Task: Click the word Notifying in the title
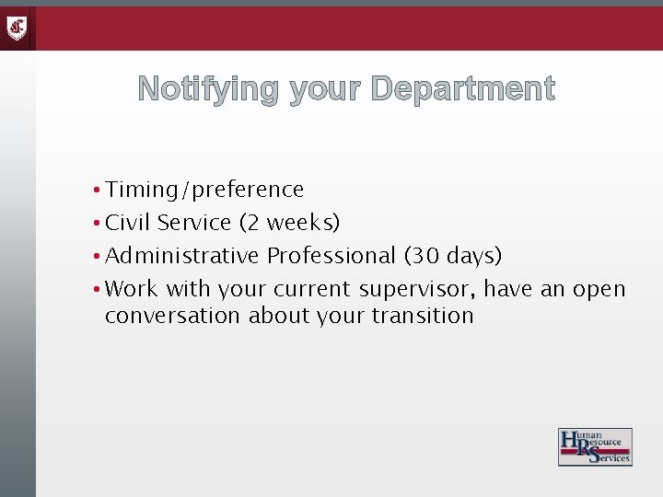click(x=208, y=89)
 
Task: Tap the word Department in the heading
click(x=463, y=89)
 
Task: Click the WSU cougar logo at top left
click(x=17, y=29)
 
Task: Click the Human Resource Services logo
click(x=595, y=446)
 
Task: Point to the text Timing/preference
click(x=204, y=190)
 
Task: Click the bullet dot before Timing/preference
click(x=96, y=191)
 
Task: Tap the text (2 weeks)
click(x=289, y=223)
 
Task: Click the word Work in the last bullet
click(x=132, y=288)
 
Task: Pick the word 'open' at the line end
click(x=599, y=290)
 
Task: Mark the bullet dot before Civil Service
click(x=96, y=224)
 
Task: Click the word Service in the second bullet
click(x=194, y=223)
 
